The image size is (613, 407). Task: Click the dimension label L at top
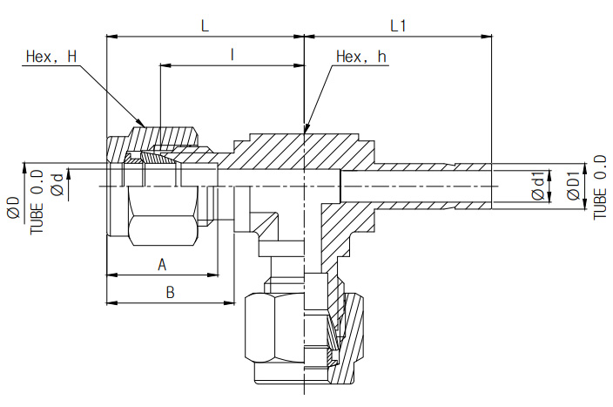[x=205, y=25]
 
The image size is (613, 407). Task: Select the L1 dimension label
[x=398, y=25]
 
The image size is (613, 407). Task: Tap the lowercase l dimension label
[x=232, y=54]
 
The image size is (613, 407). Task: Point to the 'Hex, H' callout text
[x=51, y=58]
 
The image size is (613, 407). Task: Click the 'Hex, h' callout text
[x=360, y=58]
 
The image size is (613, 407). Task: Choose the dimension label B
[x=170, y=293]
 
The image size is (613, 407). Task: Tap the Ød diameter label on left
[x=57, y=185]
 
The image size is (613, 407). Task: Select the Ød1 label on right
[x=538, y=187]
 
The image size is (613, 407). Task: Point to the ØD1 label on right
[x=572, y=187]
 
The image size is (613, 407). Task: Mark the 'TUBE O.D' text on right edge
[x=600, y=187]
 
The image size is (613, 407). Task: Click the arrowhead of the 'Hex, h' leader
[x=306, y=130]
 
